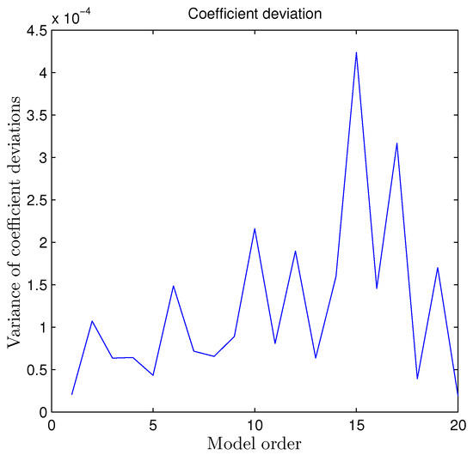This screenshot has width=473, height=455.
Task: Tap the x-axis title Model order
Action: point(255,445)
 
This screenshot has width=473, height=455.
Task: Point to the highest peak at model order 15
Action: point(356,52)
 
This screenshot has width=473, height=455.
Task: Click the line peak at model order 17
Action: point(396,143)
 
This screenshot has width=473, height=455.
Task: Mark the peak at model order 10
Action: point(255,228)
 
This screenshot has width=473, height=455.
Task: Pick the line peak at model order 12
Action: point(295,251)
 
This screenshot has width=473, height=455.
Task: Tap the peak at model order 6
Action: point(174,286)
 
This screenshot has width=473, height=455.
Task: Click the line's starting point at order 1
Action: point(72,394)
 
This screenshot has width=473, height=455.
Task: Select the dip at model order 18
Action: point(417,379)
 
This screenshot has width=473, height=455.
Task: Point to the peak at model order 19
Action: point(438,268)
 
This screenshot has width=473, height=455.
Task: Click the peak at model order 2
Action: point(92,321)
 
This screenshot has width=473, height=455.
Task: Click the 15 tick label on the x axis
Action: point(356,426)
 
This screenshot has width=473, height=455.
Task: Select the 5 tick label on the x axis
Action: point(153,426)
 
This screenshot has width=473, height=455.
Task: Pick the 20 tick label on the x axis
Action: point(457,426)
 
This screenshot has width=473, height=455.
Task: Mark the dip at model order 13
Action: point(316,358)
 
